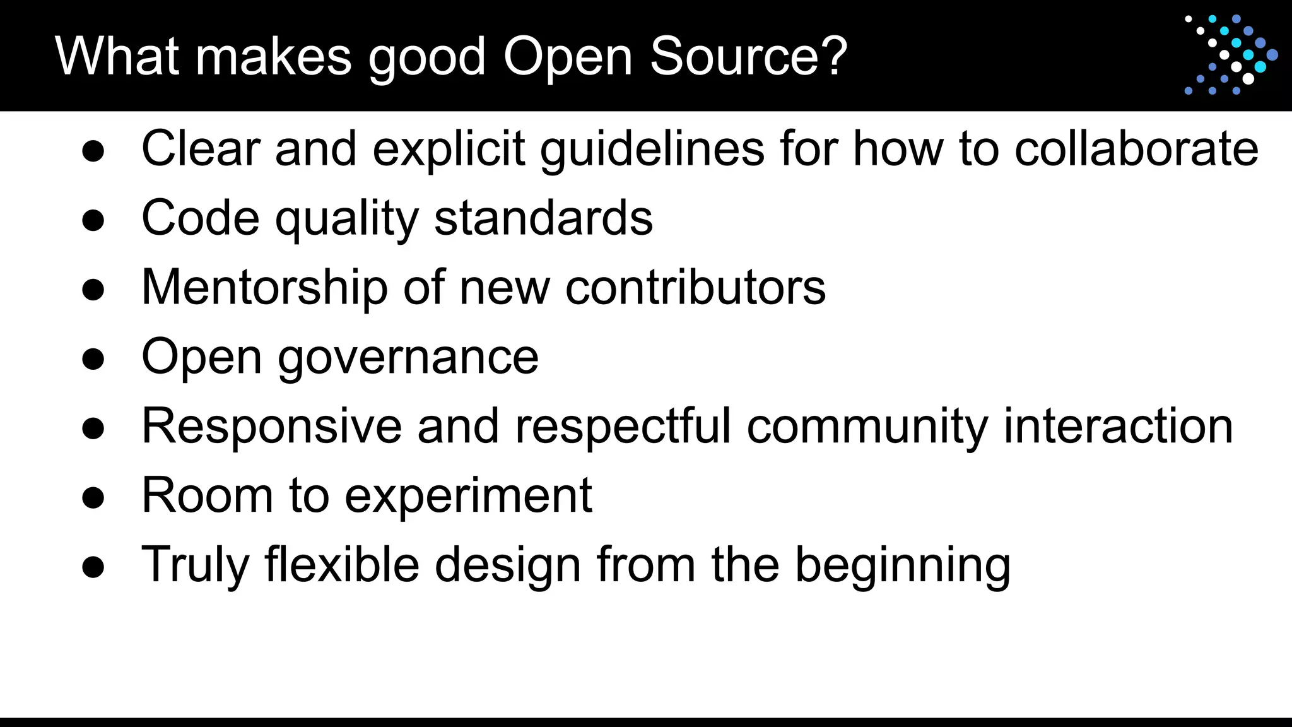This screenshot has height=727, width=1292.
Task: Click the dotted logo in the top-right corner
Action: [x=1231, y=55]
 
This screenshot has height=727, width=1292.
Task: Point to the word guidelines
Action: [x=652, y=149]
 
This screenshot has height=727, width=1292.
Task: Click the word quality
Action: [x=346, y=218]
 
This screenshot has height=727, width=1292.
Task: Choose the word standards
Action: [x=543, y=218]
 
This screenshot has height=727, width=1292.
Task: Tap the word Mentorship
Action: [x=264, y=288]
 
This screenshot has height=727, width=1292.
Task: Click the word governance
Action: [x=408, y=357]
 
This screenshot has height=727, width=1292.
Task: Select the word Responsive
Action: [x=272, y=427]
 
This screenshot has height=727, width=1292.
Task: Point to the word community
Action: [x=867, y=427]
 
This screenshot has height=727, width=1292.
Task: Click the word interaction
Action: [x=1118, y=427]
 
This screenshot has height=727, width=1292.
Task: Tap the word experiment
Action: [x=468, y=496]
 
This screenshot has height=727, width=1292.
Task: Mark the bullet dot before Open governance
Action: [x=93, y=358]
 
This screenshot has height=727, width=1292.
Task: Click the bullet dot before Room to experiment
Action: [x=93, y=497]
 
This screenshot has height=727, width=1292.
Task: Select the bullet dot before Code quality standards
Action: [x=93, y=220]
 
